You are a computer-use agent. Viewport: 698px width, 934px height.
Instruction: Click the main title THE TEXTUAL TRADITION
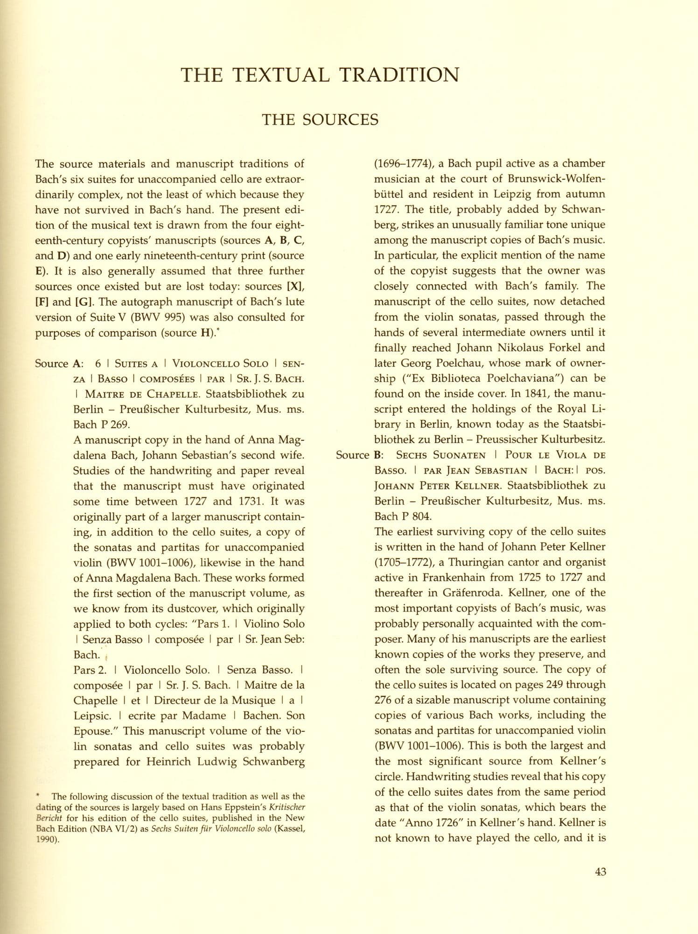tap(320, 75)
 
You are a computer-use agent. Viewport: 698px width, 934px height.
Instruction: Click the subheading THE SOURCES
tap(320, 120)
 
